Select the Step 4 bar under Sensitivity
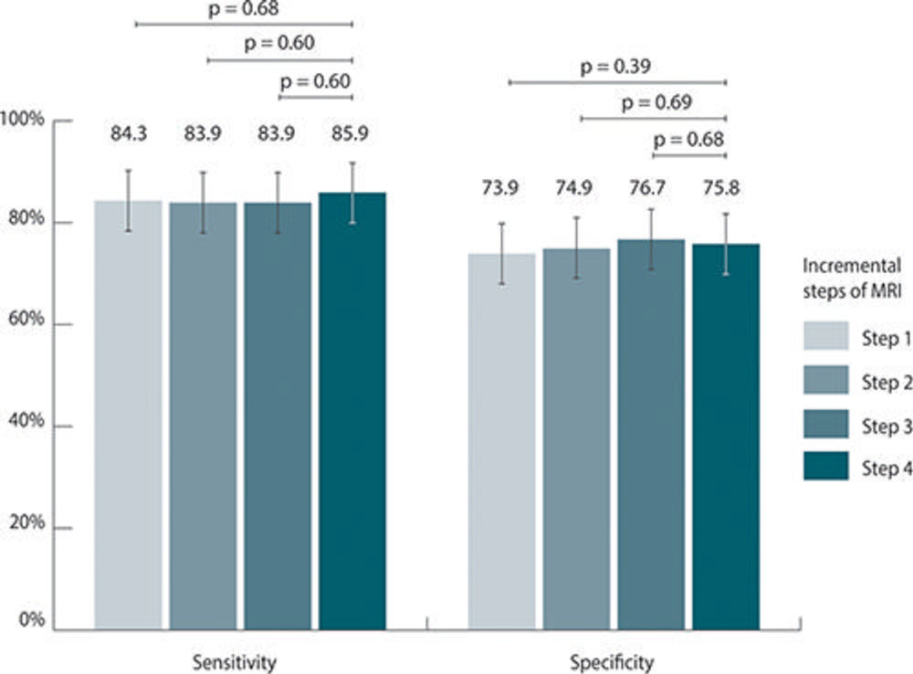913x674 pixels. coord(352,411)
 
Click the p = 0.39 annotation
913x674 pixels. coord(617,66)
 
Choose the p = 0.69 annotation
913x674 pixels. coord(654,102)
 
